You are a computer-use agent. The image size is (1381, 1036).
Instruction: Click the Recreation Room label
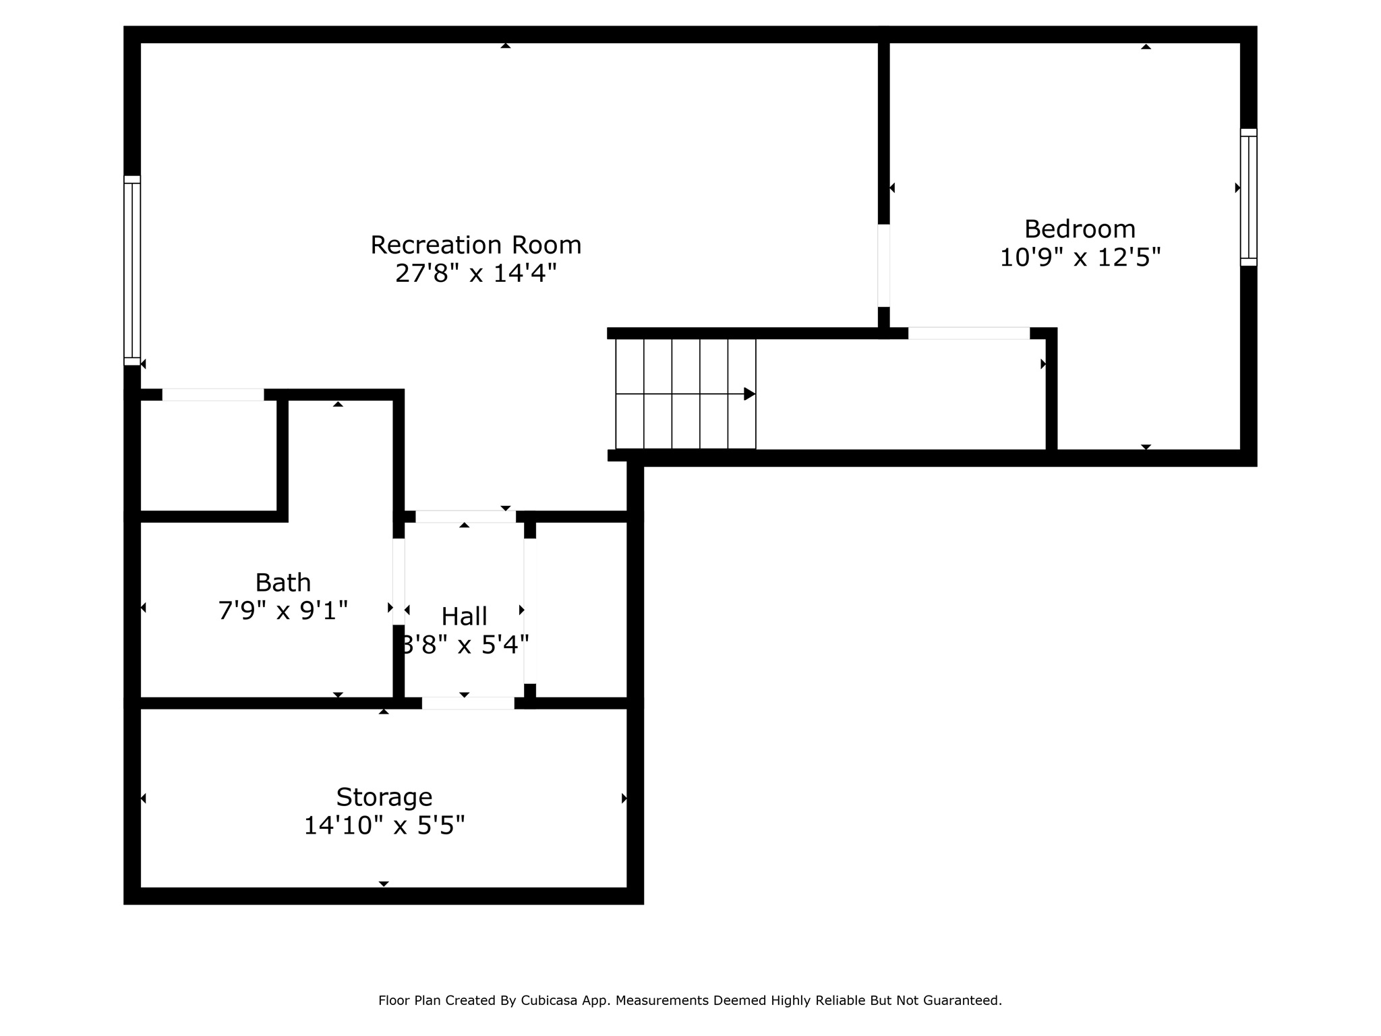click(x=475, y=245)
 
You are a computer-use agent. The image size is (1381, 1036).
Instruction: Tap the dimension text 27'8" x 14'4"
click(x=475, y=273)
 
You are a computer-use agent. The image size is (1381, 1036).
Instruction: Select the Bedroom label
click(x=1080, y=229)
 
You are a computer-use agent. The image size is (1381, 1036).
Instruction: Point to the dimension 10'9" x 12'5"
click(x=1080, y=258)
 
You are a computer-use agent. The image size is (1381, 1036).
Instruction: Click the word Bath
click(x=283, y=582)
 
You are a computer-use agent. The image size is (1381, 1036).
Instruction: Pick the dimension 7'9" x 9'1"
click(x=283, y=611)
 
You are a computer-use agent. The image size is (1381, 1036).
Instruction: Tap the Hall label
click(x=464, y=616)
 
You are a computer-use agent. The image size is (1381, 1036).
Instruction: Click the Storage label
click(x=384, y=797)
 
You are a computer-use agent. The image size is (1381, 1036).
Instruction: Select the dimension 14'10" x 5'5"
click(x=384, y=826)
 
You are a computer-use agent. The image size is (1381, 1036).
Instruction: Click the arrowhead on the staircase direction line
click(x=749, y=394)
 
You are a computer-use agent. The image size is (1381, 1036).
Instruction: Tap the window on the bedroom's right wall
click(x=1248, y=197)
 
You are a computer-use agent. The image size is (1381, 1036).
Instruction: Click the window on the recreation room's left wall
click(x=132, y=270)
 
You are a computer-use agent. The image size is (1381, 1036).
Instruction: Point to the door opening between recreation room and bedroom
click(x=883, y=266)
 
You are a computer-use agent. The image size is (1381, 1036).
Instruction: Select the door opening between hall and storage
click(x=468, y=703)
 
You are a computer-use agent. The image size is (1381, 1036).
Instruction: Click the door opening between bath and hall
click(x=399, y=581)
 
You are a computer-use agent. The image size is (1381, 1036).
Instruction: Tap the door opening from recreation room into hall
click(x=465, y=517)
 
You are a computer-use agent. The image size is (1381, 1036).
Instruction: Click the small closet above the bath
click(x=208, y=456)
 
